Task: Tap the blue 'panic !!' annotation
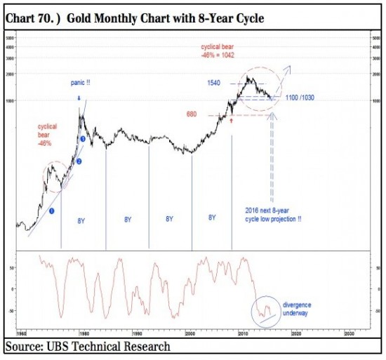tap(80, 82)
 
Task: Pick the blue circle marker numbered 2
tap(79, 162)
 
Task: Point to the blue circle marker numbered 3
tap(84, 140)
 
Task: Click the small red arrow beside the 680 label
tap(231, 121)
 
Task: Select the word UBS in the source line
tap(57, 347)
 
